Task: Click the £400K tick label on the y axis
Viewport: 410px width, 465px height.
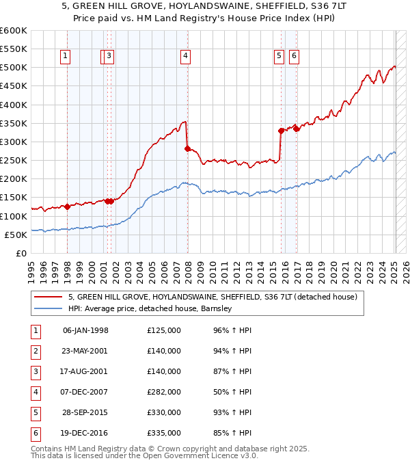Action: pyautogui.click(x=13, y=105)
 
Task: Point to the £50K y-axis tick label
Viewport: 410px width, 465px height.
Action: pyautogui.click(x=16, y=235)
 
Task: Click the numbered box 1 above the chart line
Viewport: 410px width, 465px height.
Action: pyautogui.click(x=65, y=57)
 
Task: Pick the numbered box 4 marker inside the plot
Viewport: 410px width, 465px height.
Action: pyautogui.click(x=185, y=57)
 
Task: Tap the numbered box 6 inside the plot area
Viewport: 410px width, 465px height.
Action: pyautogui.click(x=294, y=57)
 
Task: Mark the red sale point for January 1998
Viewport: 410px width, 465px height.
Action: pyautogui.click(x=67, y=206)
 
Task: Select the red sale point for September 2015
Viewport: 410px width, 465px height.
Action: pyautogui.click(x=281, y=130)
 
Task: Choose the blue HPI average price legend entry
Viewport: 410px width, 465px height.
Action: pyautogui.click(x=150, y=309)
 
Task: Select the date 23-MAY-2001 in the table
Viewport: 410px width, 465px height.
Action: pyautogui.click(x=85, y=351)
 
